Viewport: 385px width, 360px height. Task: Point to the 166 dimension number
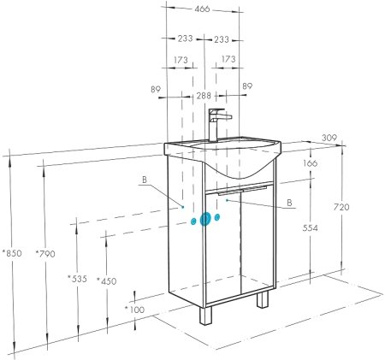(311, 164)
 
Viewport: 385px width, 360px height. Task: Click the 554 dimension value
(311, 229)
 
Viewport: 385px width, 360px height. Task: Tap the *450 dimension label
(107, 281)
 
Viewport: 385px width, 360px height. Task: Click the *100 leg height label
(134, 309)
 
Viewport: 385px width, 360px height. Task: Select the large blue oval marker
(205, 220)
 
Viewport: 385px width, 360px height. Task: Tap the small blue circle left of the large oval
(194, 221)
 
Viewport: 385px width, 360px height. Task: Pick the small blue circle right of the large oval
(218, 217)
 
